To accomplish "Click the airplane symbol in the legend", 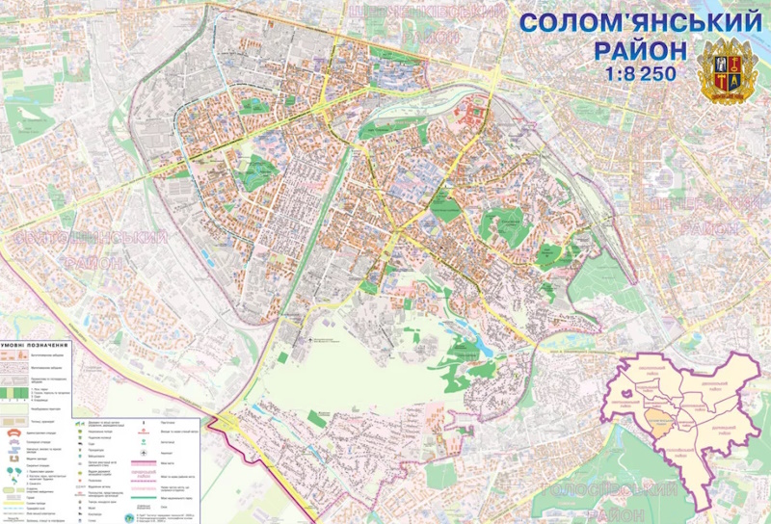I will point(77,421).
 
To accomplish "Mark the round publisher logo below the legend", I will point(129,517).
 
